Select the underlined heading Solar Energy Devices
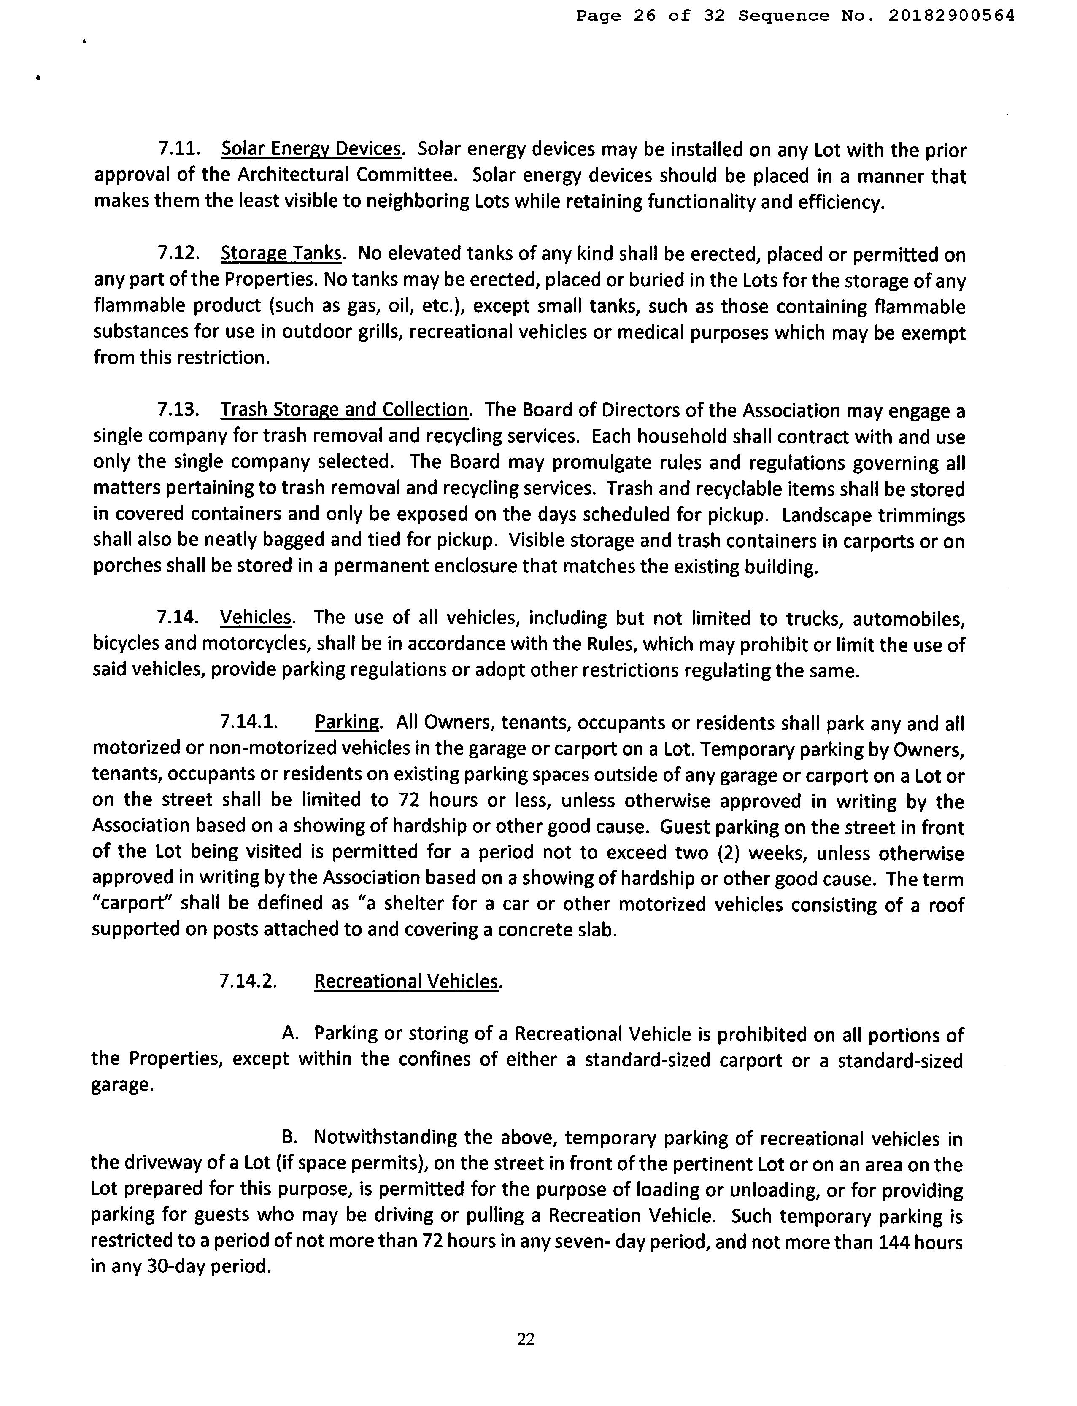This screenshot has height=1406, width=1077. click(311, 149)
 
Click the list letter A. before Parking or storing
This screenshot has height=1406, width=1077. click(291, 1034)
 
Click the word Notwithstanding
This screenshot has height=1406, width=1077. click(385, 1138)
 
